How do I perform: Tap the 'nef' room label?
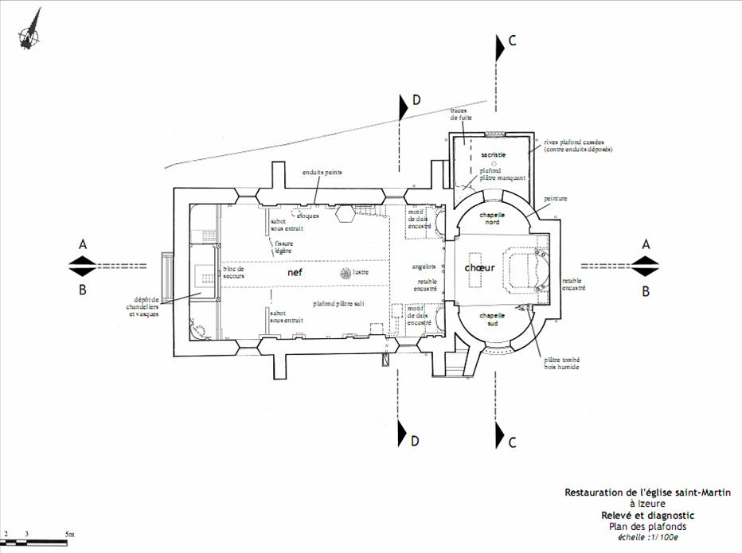click(x=295, y=272)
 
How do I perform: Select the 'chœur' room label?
click(x=480, y=268)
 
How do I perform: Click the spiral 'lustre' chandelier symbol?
click(x=344, y=274)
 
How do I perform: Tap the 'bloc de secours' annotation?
click(x=234, y=272)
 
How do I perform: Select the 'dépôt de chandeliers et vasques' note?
click(x=144, y=306)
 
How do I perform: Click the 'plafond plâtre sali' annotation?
click(x=338, y=303)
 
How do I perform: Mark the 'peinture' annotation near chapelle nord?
click(x=556, y=198)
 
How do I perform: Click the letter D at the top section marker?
click(x=416, y=99)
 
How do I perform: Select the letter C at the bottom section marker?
click(x=513, y=441)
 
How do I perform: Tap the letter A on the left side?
click(x=83, y=245)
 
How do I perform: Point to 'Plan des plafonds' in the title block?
click(x=646, y=526)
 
